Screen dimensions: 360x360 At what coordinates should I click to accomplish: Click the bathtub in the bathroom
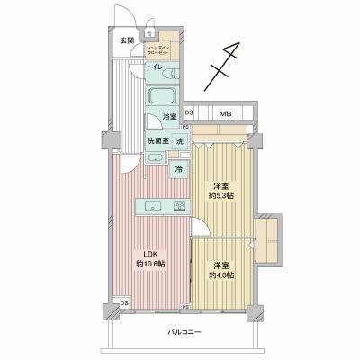[164, 96]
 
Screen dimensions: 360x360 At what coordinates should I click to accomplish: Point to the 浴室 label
[169, 117]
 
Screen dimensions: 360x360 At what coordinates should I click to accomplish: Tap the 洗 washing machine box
[179, 142]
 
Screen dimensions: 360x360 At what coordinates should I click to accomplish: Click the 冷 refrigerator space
[179, 168]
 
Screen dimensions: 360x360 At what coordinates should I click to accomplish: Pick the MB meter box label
[225, 113]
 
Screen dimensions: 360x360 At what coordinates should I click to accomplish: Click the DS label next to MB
[189, 113]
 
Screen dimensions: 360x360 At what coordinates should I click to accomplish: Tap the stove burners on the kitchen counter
[178, 206]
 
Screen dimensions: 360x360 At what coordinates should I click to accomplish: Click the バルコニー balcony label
[185, 332]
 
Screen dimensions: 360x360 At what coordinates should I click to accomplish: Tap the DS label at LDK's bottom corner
[123, 302]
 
